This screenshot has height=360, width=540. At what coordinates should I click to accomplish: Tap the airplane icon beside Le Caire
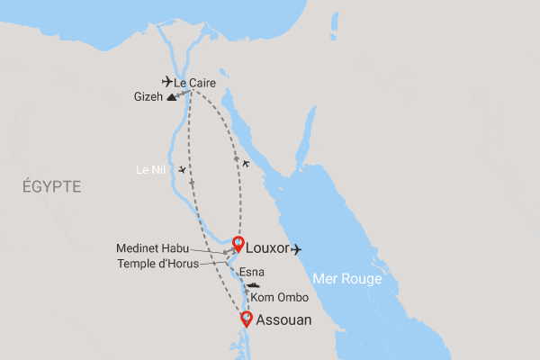(166, 82)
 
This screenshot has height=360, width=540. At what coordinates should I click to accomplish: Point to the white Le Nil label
(148, 168)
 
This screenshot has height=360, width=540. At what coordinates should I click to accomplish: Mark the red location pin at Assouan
(245, 318)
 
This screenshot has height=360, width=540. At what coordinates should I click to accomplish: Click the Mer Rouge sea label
(347, 280)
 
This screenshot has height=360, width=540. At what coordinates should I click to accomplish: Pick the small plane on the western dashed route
(183, 170)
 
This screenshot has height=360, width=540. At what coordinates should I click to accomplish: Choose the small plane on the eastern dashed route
(246, 163)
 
